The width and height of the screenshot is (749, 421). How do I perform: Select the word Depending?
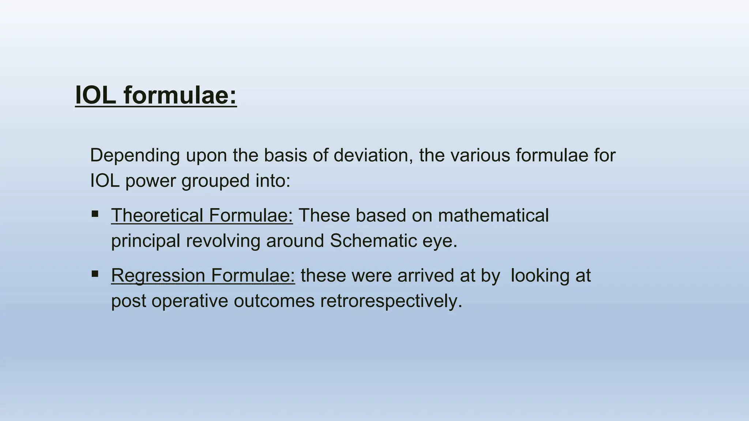[x=135, y=156]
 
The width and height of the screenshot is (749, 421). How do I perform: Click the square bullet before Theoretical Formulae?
[x=95, y=214]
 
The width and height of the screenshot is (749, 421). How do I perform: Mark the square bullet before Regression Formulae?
[x=95, y=274]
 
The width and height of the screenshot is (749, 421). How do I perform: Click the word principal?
[x=146, y=242]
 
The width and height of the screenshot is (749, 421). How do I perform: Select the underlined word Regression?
[x=158, y=276]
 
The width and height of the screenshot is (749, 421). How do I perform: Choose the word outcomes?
[x=274, y=301]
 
